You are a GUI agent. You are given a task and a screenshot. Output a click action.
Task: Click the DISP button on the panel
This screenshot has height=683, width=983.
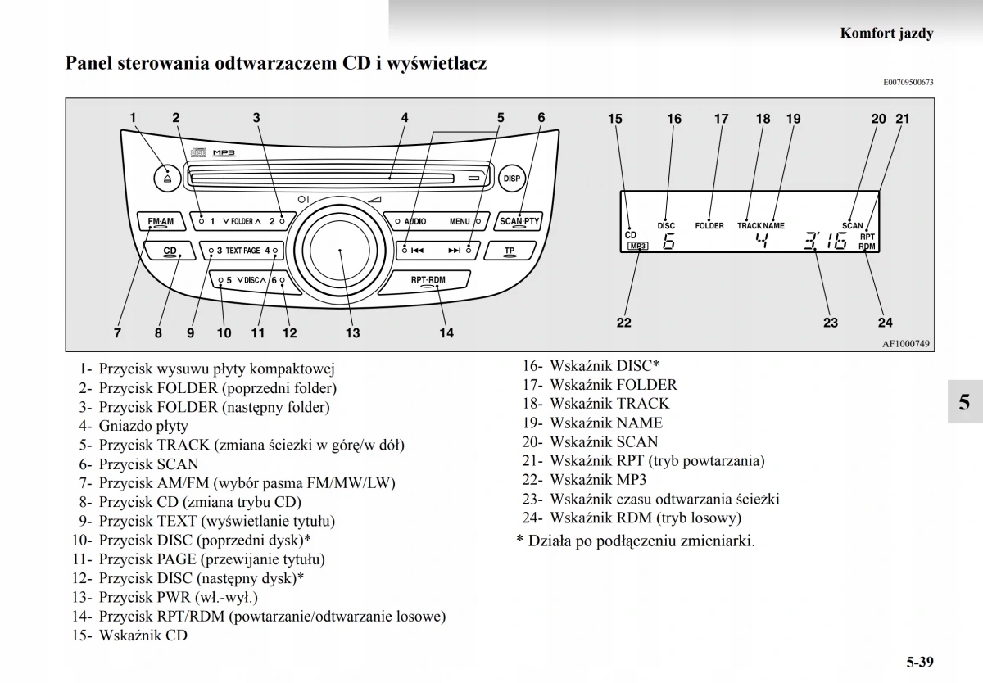511,178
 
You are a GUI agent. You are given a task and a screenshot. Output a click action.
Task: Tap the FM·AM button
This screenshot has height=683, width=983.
161,222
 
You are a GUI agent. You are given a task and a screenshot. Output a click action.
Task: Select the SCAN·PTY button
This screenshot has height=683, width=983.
519,221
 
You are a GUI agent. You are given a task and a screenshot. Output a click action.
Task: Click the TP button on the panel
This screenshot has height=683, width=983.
510,251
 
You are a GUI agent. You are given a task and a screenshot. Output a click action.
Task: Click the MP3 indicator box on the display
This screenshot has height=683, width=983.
636,246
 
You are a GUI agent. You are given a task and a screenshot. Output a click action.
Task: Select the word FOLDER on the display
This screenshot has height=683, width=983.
709,225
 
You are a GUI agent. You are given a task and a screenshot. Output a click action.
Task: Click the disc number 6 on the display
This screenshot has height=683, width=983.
668,242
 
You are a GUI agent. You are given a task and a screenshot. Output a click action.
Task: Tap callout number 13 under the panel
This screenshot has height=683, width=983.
352,333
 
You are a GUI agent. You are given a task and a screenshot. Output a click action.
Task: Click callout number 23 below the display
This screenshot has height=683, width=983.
831,323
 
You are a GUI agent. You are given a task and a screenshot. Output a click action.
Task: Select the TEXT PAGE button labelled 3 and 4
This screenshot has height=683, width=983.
243,251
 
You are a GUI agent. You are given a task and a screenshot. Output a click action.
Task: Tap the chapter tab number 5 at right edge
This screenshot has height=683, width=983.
964,401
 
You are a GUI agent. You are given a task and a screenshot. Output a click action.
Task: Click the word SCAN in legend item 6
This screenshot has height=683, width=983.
178,464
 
